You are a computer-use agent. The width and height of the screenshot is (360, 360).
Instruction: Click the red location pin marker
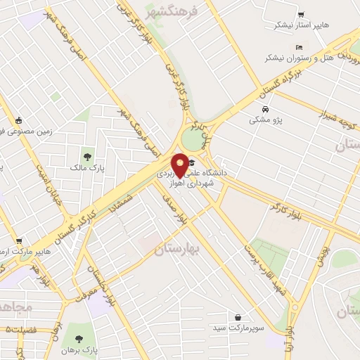[180, 165]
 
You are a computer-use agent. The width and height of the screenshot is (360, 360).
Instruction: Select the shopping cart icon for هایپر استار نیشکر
[301, 13]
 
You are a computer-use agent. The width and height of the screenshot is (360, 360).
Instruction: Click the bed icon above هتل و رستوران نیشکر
[300, 46]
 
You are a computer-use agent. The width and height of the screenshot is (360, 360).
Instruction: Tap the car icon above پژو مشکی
[265, 110]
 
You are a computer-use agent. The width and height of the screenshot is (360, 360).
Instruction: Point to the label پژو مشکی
[265, 120]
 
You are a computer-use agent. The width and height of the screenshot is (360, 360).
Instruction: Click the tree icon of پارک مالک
[87, 157]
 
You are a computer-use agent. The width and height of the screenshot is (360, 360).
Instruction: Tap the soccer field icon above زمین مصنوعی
[18, 120]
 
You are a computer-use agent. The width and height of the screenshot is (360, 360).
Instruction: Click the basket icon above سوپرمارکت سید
[240, 317]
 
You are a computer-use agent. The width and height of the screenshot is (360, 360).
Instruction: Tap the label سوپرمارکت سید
[240, 328]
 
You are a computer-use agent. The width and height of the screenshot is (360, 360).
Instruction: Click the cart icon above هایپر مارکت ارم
[18, 240]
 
